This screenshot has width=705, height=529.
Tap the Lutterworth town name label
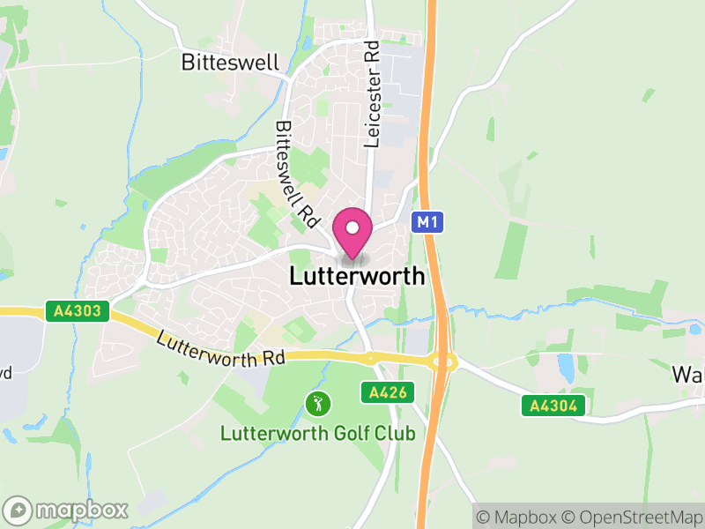coord(357,276)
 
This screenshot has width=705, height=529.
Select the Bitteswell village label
coord(230,63)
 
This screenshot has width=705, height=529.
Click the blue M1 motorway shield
coord(427,223)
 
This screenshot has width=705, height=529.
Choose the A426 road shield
coord(388,392)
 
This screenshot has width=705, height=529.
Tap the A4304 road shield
coord(553,406)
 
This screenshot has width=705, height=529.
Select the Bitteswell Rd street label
coord(294,171)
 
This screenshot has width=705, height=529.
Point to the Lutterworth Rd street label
coord(222,347)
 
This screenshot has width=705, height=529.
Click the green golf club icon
coord(317,405)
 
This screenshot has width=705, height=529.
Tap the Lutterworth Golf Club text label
coord(317,433)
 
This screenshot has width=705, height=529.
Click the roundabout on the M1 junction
coord(442,361)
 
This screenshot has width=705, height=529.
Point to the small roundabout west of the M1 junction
coord(370,358)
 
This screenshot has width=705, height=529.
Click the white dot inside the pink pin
coord(352,227)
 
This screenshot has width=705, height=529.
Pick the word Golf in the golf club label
coord(331,433)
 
